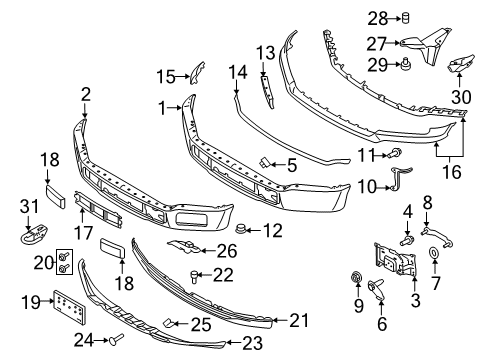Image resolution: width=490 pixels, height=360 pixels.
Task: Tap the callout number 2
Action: coord(86,95)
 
